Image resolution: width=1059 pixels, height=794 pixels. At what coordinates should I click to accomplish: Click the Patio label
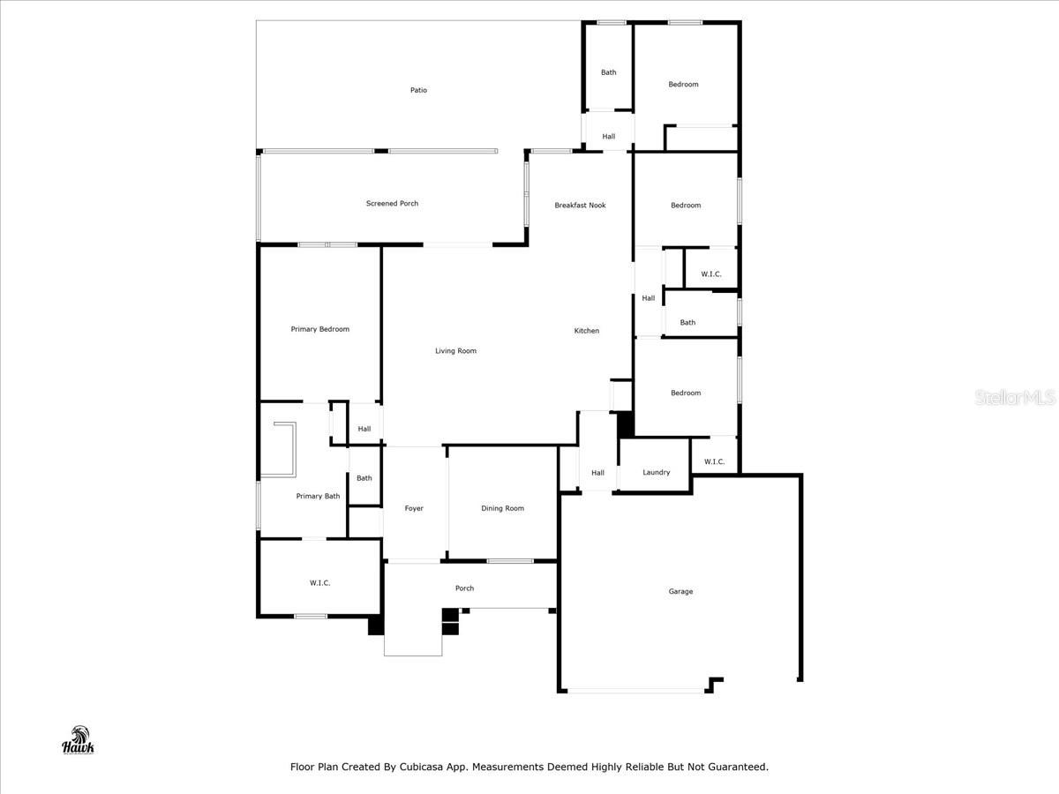(x=418, y=90)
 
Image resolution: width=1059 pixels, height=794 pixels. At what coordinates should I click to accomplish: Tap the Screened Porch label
(x=392, y=204)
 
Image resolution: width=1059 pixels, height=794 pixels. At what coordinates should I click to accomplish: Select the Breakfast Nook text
(x=580, y=206)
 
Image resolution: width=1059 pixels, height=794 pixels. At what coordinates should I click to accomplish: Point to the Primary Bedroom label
(x=319, y=329)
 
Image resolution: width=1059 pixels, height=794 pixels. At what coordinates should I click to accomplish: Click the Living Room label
(x=455, y=351)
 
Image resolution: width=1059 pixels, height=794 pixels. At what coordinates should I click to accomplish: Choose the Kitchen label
(x=587, y=331)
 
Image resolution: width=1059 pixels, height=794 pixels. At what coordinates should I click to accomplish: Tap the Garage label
(x=680, y=591)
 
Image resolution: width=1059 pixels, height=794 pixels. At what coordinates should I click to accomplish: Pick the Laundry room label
(x=657, y=473)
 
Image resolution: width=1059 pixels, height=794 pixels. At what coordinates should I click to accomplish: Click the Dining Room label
(x=502, y=509)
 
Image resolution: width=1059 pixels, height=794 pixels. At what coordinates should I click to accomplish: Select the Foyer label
(x=414, y=509)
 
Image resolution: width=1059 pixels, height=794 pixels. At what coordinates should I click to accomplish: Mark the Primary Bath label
(x=318, y=496)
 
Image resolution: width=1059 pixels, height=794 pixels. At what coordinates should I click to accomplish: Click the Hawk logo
(x=79, y=740)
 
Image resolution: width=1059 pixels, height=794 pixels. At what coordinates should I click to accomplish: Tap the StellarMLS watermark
(x=1015, y=397)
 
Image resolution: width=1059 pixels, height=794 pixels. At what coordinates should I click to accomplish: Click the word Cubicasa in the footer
(x=421, y=767)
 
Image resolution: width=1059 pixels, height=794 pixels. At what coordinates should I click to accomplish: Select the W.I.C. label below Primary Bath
(x=319, y=583)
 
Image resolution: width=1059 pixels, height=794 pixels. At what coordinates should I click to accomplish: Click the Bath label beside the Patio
(x=608, y=72)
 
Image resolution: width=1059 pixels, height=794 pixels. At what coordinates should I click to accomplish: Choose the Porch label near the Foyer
(x=464, y=588)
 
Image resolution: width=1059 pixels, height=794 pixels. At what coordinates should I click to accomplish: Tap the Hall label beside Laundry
(x=597, y=473)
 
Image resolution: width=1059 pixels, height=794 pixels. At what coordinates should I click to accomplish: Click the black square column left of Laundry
(x=626, y=424)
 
